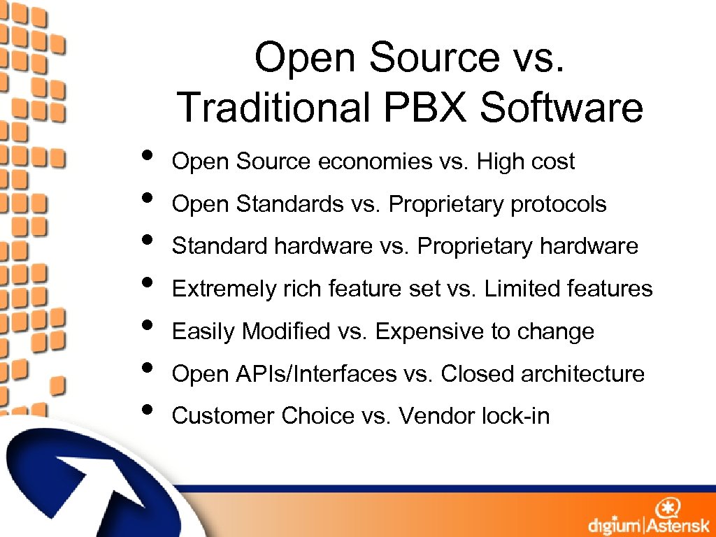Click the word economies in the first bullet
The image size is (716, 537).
pyautogui.click(x=375, y=162)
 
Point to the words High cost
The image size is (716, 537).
pyautogui.click(x=525, y=162)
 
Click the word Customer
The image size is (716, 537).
pyautogui.click(x=224, y=416)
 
